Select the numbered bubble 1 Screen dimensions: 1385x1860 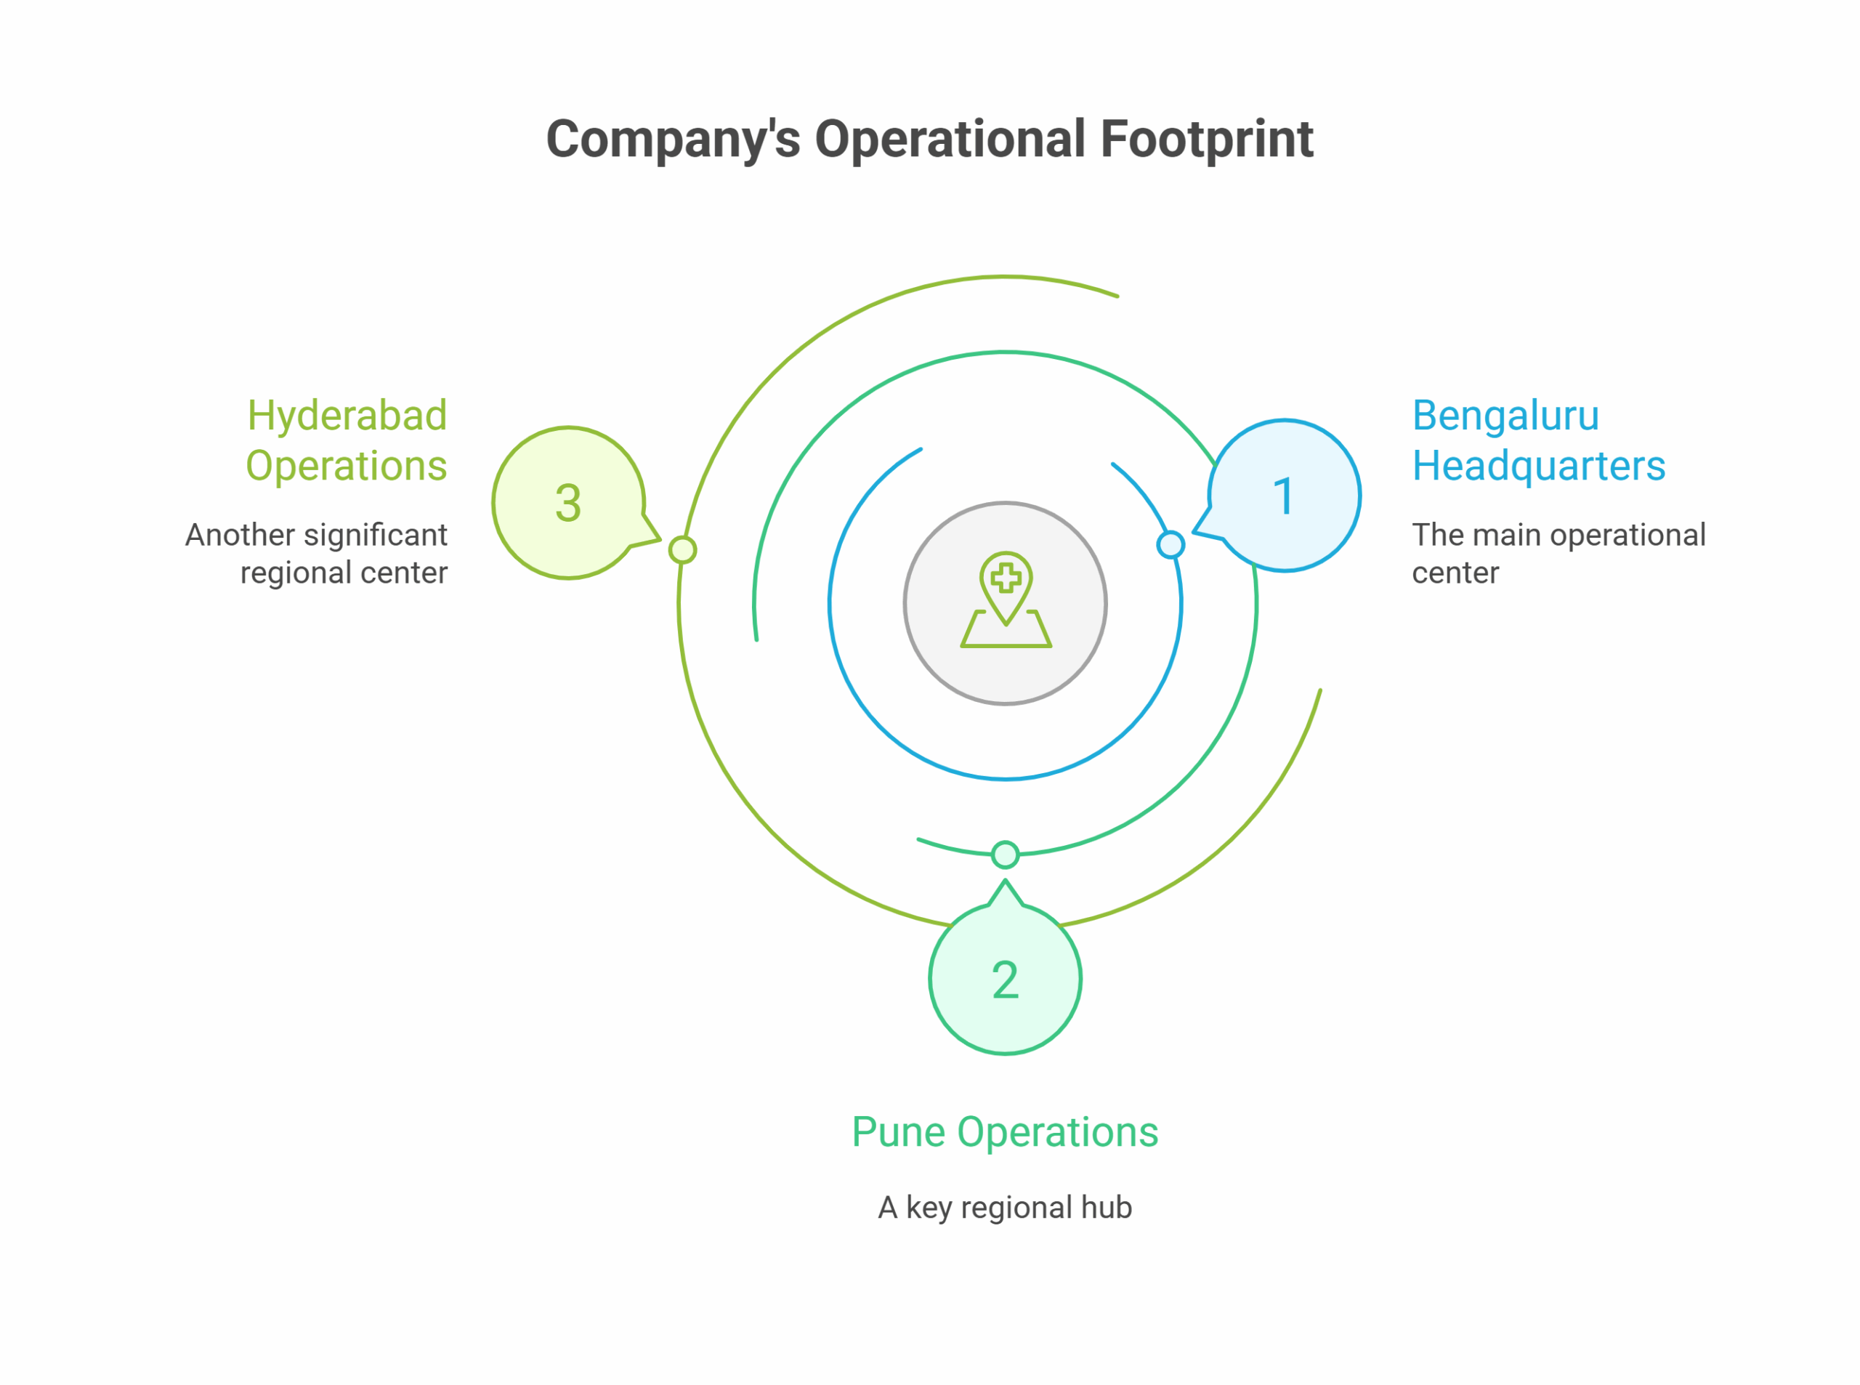[1283, 496]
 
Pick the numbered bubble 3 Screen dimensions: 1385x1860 [568, 503]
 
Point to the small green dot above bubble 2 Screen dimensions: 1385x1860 [1004, 855]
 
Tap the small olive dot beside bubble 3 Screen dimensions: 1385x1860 [682, 550]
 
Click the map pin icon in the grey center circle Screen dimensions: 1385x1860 [1005, 600]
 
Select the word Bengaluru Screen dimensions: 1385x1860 [1505, 416]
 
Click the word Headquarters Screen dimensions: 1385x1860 [1538, 466]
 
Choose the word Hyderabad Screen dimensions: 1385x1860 [347, 416]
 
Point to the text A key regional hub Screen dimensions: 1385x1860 [1004, 1207]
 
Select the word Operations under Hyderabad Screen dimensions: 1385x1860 [346, 466]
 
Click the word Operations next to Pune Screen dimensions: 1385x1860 [1057, 1132]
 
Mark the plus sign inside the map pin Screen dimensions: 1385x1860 [1005, 578]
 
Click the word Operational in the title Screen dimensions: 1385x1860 [950, 140]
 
